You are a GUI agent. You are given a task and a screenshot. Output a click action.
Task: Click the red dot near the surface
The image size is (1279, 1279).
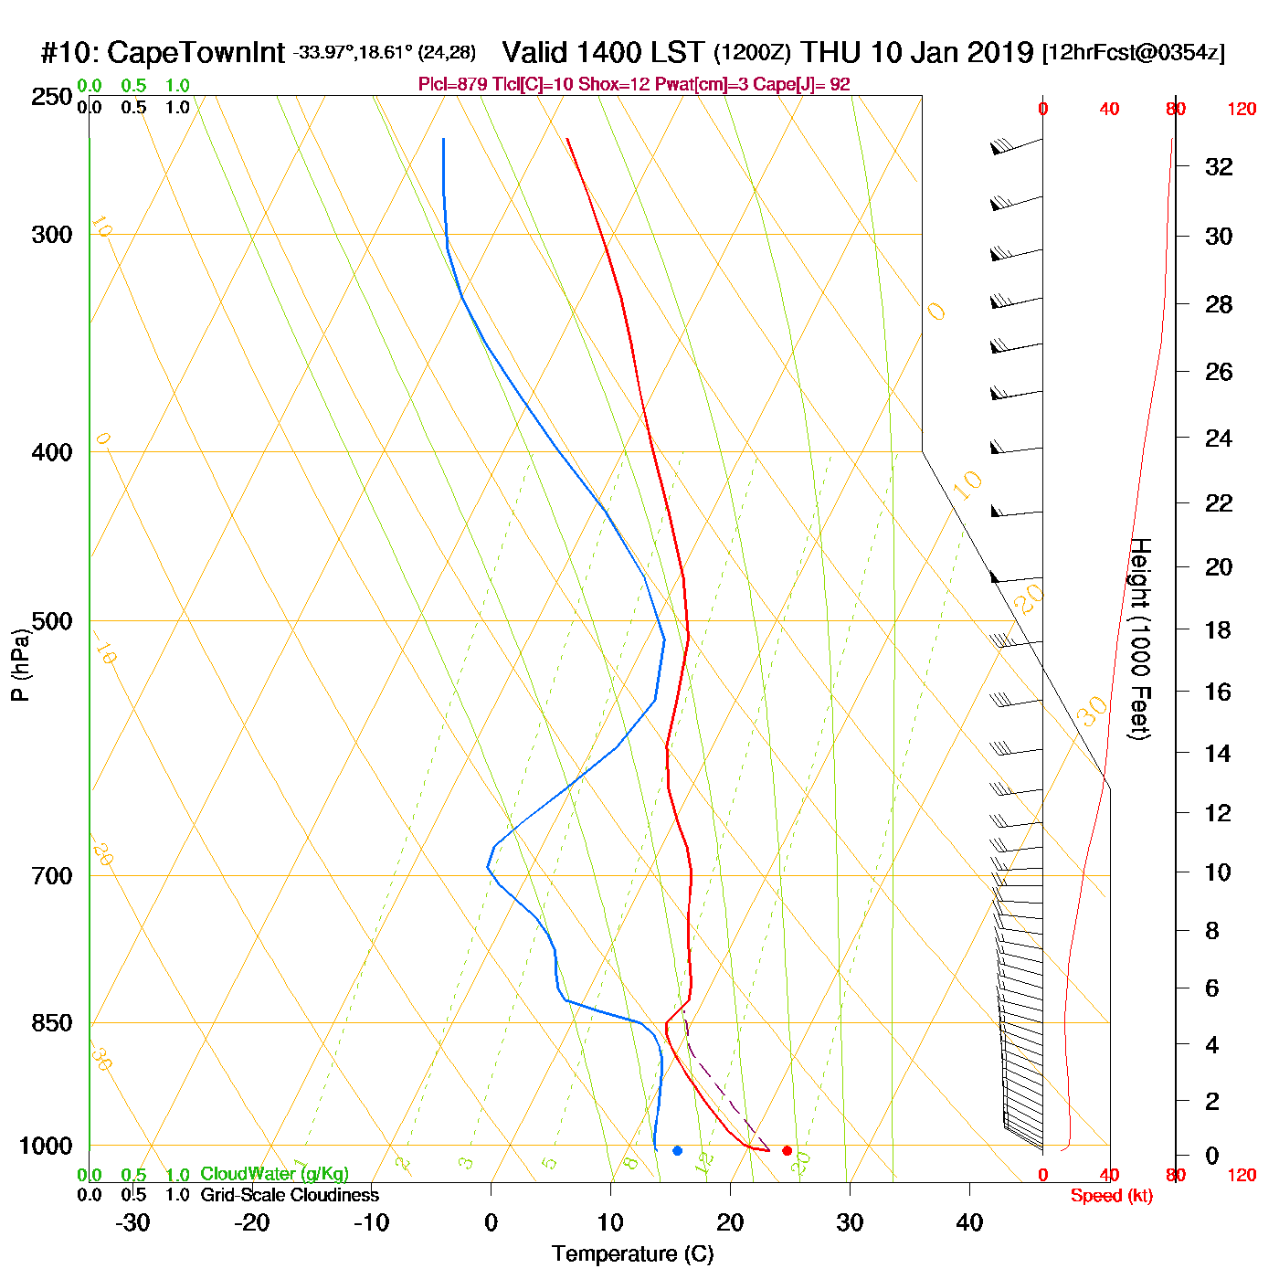coord(787,1150)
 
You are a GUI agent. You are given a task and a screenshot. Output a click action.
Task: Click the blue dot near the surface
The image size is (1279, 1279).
coord(677,1150)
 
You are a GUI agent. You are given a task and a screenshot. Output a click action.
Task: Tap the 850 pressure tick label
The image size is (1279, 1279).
coord(52,1023)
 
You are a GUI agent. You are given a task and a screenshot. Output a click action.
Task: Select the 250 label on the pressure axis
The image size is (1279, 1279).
coord(52,97)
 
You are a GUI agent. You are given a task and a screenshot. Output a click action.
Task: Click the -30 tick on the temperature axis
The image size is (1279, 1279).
coord(132,1222)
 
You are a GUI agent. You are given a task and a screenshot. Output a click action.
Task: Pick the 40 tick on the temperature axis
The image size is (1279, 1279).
coord(969,1222)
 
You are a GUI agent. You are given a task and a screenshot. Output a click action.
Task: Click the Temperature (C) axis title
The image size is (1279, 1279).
coord(632,1254)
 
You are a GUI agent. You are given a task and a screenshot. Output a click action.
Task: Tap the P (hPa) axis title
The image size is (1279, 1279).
coord(20,666)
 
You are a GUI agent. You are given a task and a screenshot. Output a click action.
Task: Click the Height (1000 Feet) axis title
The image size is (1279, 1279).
coord(1140,639)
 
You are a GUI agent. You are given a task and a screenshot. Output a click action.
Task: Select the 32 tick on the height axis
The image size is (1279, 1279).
coord(1219,166)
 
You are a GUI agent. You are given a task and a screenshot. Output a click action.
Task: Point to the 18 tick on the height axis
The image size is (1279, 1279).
coord(1219,629)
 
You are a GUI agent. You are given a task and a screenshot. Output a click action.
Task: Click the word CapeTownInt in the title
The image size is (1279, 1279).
coord(196,53)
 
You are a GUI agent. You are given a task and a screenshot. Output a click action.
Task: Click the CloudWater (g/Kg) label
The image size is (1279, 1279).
coord(274,1174)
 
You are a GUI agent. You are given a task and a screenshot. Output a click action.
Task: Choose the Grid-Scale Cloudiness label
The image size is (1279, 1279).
coord(290,1195)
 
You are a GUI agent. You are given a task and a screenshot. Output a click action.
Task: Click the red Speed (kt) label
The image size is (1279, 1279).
coord(1111,1196)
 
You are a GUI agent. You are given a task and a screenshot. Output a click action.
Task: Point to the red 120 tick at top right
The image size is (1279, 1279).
coord(1242,110)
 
